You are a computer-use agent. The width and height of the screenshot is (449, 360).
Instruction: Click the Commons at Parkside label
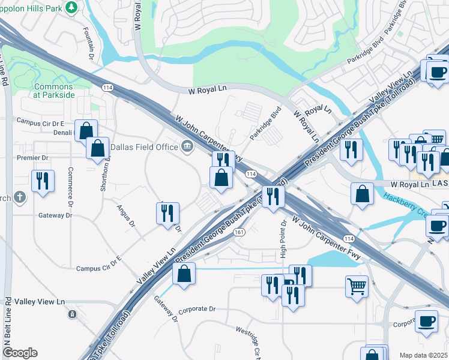point(54,90)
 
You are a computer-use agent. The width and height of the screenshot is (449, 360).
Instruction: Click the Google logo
point(20,353)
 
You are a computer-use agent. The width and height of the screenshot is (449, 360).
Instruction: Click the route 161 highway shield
point(239,232)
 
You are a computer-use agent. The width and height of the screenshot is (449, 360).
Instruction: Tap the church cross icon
point(20,197)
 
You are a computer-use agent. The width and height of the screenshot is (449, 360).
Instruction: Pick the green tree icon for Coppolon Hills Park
point(71,7)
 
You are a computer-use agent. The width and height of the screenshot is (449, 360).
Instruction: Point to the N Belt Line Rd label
point(8,324)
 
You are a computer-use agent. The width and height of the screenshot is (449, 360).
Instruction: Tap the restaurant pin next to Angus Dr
point(167,212)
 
